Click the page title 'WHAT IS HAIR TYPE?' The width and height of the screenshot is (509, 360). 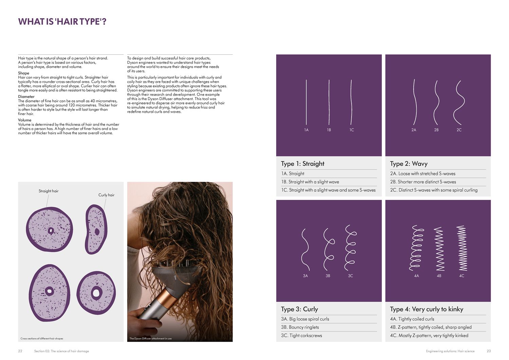[x=62, y=22]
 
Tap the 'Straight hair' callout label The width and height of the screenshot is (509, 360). [x=49, y=191]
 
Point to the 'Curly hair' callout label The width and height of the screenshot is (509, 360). [x=106, y=195]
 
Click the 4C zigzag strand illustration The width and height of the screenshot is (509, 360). [x=462, y=248]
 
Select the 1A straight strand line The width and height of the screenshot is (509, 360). [x=306, y=102]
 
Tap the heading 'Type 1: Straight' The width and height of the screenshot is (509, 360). [x=303, y=164]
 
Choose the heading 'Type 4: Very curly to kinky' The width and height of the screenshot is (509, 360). [x=427, y=309]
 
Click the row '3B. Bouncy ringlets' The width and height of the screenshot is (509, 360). [x=300, y=327]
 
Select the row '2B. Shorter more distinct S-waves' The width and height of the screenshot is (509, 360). [x=423, y=182]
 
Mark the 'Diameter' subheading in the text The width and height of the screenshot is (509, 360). [x=26, y=97]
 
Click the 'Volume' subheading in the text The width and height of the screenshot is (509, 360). [x=24, y=120]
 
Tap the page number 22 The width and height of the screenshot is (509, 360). [x=20, y=351]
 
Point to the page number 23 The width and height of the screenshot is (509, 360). [x=489, y=351]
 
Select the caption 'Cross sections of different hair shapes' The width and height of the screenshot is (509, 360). [x=42, y=339]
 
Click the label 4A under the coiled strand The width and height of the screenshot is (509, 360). [x=416, y=276]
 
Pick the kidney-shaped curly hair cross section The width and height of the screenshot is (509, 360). [x=96, y=229]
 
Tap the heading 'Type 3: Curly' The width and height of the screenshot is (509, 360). [x=299, y=309]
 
